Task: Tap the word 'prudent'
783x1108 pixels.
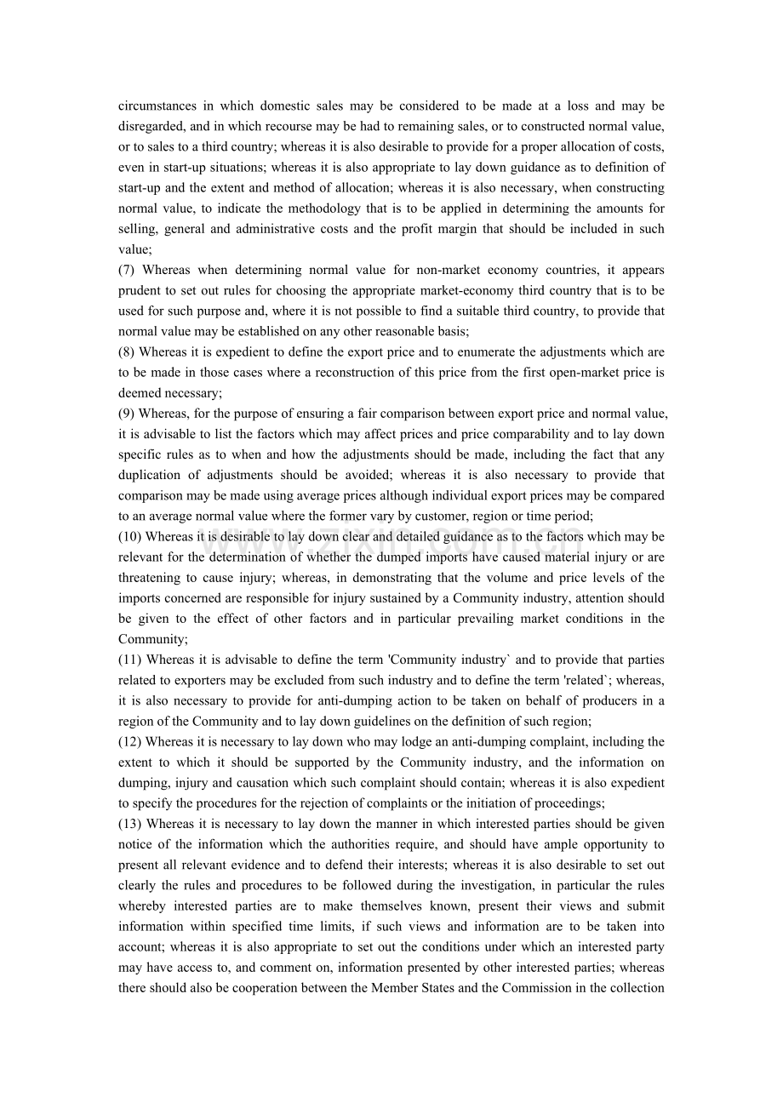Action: click(140, 291)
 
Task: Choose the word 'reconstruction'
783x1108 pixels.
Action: click(312, 373)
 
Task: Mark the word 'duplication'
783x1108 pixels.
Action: click(150, 475)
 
